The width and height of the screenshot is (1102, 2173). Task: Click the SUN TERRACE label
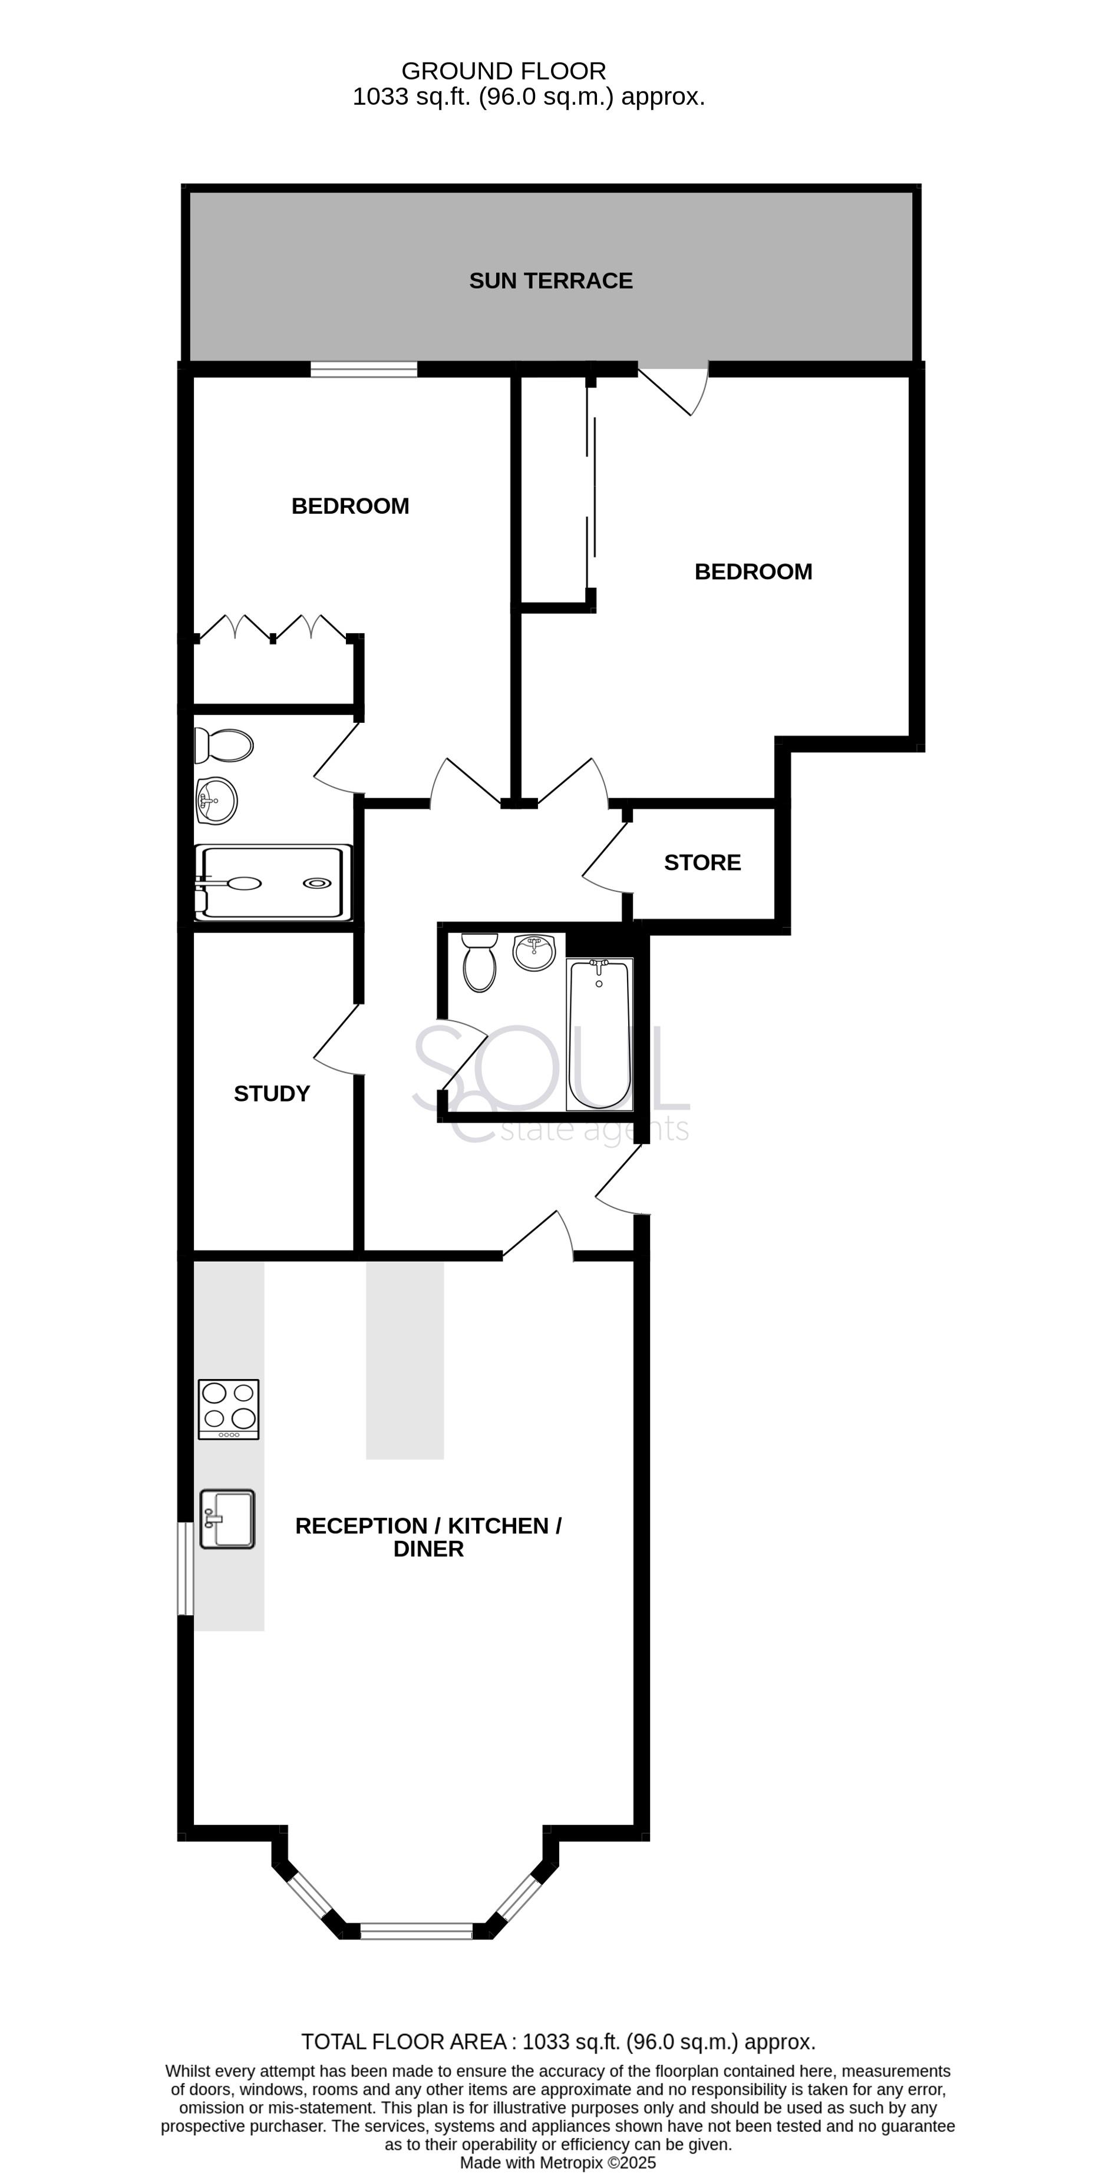click(550, 281)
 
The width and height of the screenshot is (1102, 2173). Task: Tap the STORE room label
click(702, 862)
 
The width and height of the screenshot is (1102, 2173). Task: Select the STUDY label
click(272, 1093)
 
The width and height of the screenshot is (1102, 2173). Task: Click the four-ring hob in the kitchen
click(229, 1409)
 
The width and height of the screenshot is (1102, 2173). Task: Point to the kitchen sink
click(227, 1519)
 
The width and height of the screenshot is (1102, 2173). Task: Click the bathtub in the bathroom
click(600, 1033)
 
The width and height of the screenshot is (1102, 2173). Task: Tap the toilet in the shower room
click(223, 745)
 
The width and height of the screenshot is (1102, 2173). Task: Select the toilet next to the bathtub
click(479, 962)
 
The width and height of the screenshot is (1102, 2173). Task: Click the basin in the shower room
click(216, 801)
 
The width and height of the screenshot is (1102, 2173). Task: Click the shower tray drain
click(317, 883)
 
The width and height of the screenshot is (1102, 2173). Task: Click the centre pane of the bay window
click(417, 1931)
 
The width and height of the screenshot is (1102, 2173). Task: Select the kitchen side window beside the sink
click(186, 1569)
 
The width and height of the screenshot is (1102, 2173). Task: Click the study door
click(338, 1039)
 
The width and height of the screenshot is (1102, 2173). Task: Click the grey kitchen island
click(405, 1360)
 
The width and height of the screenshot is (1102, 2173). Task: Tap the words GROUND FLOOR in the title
click(504, 71)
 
